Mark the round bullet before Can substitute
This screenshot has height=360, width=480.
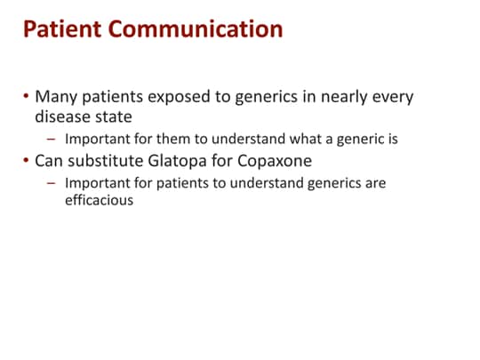(x=26, y=161)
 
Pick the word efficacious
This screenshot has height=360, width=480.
(x=98, y=201)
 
